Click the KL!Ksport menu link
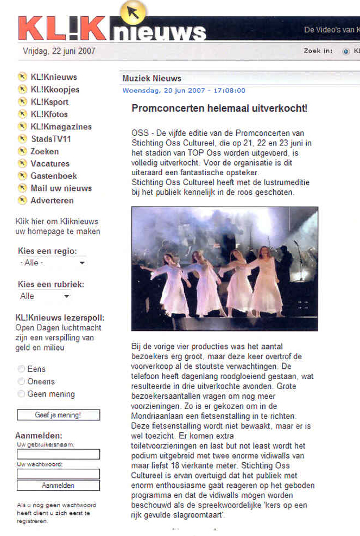pyautogui.click(x=49, y=102)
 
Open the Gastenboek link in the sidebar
pyautogui.click(x=54, y=176)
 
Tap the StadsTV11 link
pyautogui.click(x=51, y=139)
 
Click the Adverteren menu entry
pyautogui.click(x=52, y=200)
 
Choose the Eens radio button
pyautogui.click(x=22, y=369)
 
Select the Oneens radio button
pyautogui.click(x=22, y=381)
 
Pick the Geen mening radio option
pyautogui.click(x=22, y=394)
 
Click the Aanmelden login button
pyautogui.click(x=58, y=485)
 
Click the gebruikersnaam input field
pyautogui.click(x=58, y=454)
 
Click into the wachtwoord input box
pyautogui.click(x=58, y=474)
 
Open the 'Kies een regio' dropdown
pyautogui.click(x=52, y=263)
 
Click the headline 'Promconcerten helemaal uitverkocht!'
pyautogui.click(x=219, y=109)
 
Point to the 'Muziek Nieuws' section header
pyautogui.click(x=152, y=79)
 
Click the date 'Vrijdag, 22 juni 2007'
pyautogui.click(x=59, y=52)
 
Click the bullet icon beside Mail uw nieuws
pyautogui.click(x=22, y=188)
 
